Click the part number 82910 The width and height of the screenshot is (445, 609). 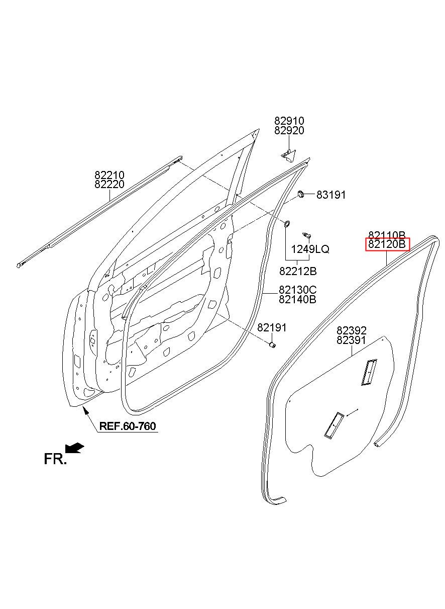[x=289, y=121]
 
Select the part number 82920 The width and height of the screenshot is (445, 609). [x=289, y=131]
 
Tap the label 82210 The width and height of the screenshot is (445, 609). [x=109, y=175]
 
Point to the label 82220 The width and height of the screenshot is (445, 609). [x=109, y=185]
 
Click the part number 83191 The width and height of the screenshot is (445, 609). [x=331, y=195]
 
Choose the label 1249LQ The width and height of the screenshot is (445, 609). [x=310, y=249]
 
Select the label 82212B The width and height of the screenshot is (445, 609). [x=298, y=271]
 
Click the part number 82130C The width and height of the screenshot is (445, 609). [x=297, y=290]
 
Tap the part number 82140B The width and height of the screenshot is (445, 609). [x=297, y=300]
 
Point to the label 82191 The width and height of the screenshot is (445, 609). [x=272, y=327]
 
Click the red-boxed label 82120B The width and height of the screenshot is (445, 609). [x=387, y=244]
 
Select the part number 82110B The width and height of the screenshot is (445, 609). [x=387, y=235]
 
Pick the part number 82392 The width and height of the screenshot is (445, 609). [x=352, y=330]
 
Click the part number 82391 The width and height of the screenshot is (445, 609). [x=352, y=340]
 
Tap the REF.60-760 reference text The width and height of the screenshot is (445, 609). [x=128, y=426]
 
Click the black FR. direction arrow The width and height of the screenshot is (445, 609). [x=75, y=448]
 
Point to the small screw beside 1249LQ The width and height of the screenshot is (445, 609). [x=306, y=235]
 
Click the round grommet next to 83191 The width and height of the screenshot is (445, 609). [x=301, y=194]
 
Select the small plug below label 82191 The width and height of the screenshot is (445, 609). [x=272, y=345]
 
